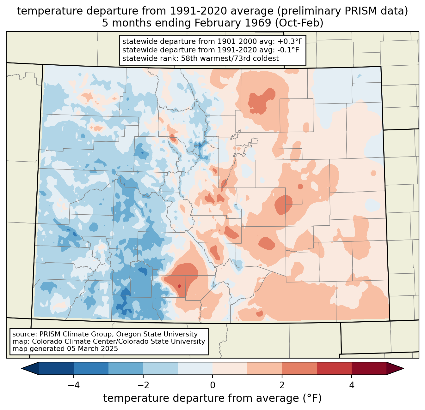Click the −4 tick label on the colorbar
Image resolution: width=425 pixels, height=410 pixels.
[74, 385]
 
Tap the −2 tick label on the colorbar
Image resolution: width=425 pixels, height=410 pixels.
[143, 385]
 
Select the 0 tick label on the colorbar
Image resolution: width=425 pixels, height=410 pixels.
[212, 385]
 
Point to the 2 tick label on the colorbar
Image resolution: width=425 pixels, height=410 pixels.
[282, 385]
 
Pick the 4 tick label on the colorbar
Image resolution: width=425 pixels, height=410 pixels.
[352, 385]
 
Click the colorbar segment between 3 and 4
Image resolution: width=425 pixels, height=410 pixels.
[334, 368]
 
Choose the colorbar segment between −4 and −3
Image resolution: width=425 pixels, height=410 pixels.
[91, 368]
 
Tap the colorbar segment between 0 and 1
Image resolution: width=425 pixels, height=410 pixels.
[230, 368]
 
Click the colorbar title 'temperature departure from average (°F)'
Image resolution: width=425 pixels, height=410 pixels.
[212, 398]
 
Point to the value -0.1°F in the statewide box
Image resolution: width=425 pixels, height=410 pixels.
[286, 50]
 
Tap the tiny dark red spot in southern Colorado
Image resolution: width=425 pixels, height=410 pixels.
[179, 286]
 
